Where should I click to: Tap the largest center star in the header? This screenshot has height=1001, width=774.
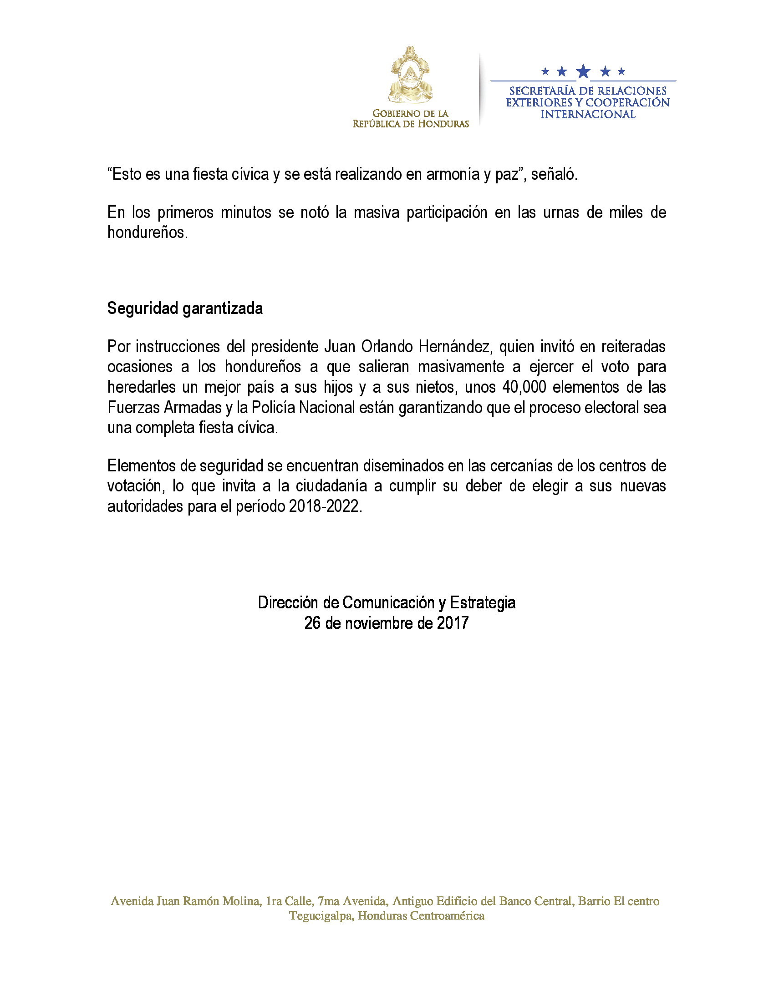(583, 71)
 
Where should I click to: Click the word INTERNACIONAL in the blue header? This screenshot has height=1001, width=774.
(588, 115)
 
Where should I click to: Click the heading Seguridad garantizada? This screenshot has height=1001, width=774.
(185, 308)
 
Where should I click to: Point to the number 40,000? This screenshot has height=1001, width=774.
(524, 387)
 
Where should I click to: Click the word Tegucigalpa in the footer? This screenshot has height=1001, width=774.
(321, 916)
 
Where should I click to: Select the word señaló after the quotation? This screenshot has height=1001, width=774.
(554, 175)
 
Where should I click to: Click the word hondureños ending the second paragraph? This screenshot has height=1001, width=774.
(147, 233)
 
